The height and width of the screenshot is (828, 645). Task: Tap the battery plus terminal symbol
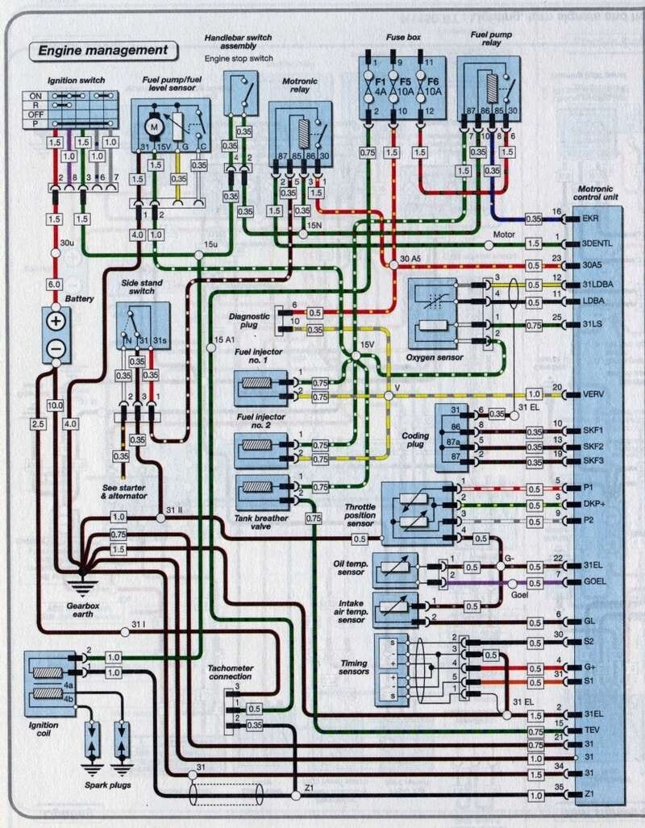[x=56, y=322]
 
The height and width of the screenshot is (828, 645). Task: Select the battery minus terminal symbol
[x=56, y=348]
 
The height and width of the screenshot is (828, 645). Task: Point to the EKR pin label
[x=593, y=218]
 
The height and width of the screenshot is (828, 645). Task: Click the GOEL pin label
[x=595, y=580]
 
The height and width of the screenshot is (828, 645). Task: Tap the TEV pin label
[x=593, y=730]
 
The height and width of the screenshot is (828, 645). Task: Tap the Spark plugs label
[x=109, y=784]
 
